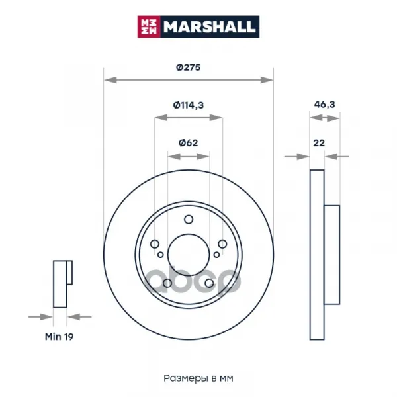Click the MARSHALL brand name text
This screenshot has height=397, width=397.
click(210, 27)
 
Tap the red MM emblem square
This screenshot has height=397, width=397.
click(149, 26)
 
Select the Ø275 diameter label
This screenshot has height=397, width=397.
click(189, 67)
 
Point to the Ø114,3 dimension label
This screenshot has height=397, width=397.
click(189, 105)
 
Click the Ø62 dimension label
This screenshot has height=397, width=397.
click(189, 143)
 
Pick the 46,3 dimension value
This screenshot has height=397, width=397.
click(324, 105)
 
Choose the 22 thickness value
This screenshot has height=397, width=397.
click(319, 143)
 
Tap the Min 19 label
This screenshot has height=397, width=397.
click(60, 337)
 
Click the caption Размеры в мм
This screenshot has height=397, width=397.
click(198, 378)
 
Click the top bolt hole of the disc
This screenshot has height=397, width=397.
click(189, 219)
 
